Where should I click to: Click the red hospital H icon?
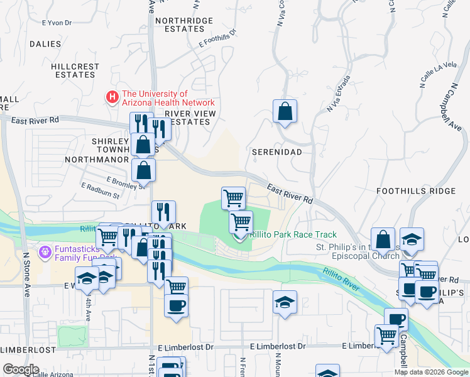112,97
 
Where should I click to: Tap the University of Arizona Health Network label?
168,98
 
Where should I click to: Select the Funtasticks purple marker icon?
44,253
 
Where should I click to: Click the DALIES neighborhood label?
45,44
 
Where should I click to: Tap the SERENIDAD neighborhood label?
276,152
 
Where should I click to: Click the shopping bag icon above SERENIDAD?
285,112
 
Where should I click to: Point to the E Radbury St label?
100,191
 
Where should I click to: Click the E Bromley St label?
126,183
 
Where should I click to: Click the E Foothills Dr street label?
217,38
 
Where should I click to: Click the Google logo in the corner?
21,369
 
